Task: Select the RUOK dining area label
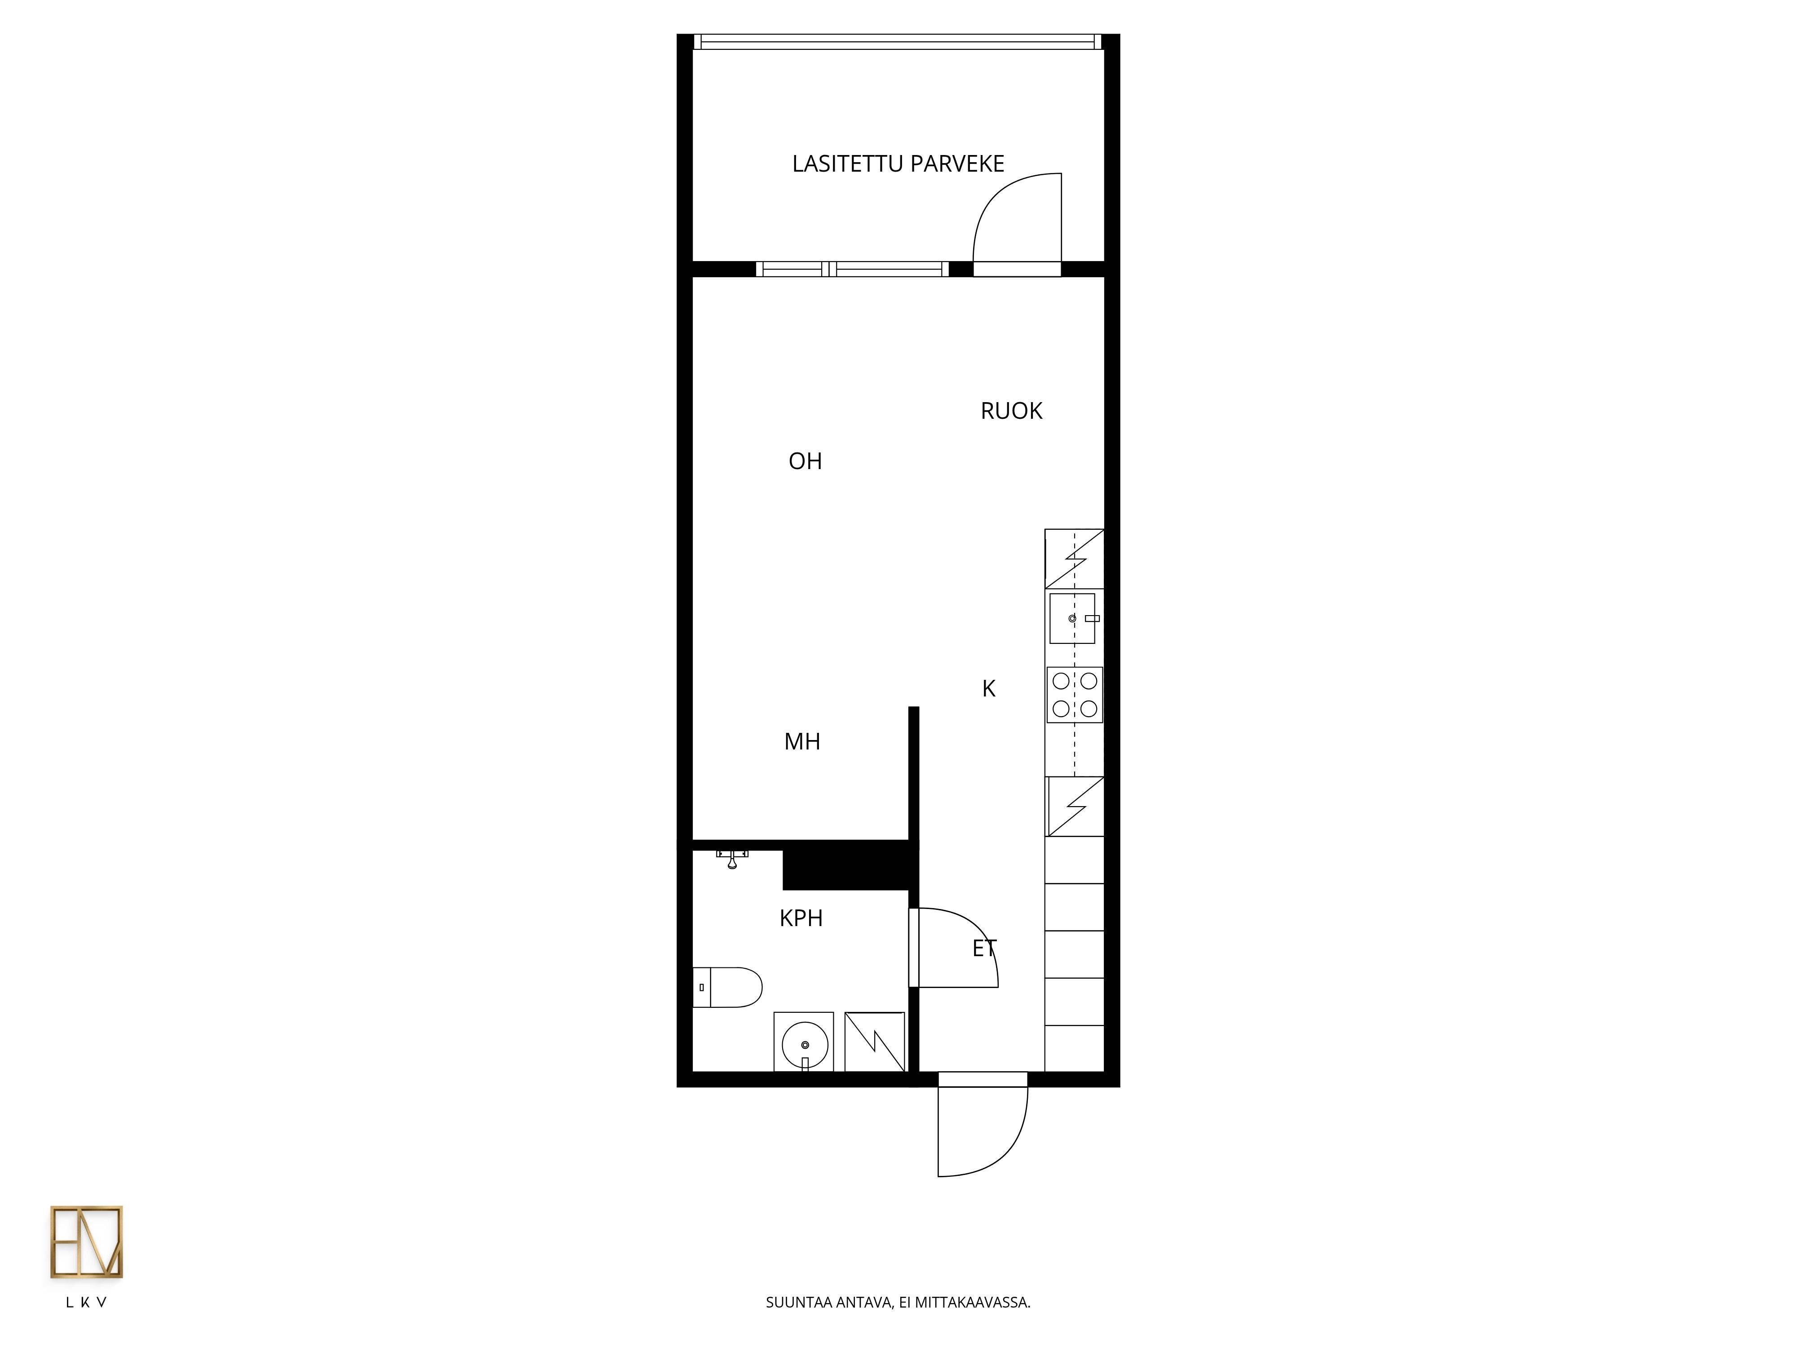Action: [x=1011, y=411]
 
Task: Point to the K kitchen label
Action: [x=989, y=688]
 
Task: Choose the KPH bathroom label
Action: [x=801, y=918]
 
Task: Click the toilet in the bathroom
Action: [x=727, y=987]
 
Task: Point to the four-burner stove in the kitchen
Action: [x=1075, y=695]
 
